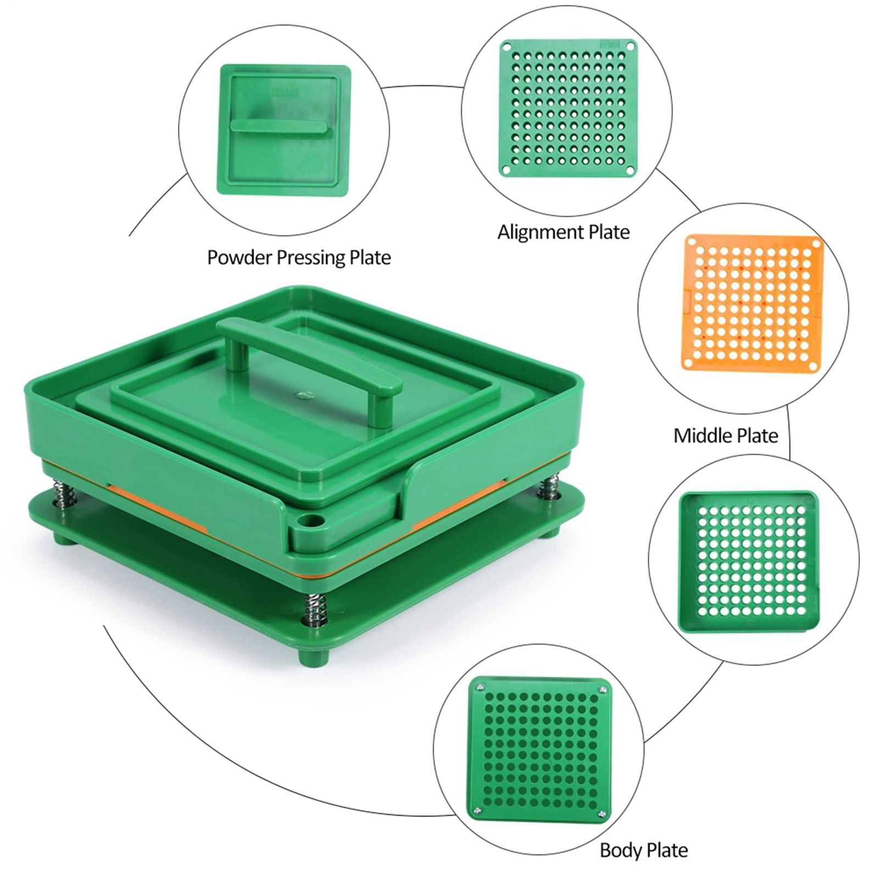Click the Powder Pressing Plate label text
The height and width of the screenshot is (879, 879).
(x=299, y=257)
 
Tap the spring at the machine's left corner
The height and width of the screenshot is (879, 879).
(x=61, y=490)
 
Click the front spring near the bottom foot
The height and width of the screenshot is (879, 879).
(x=311, y=608)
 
